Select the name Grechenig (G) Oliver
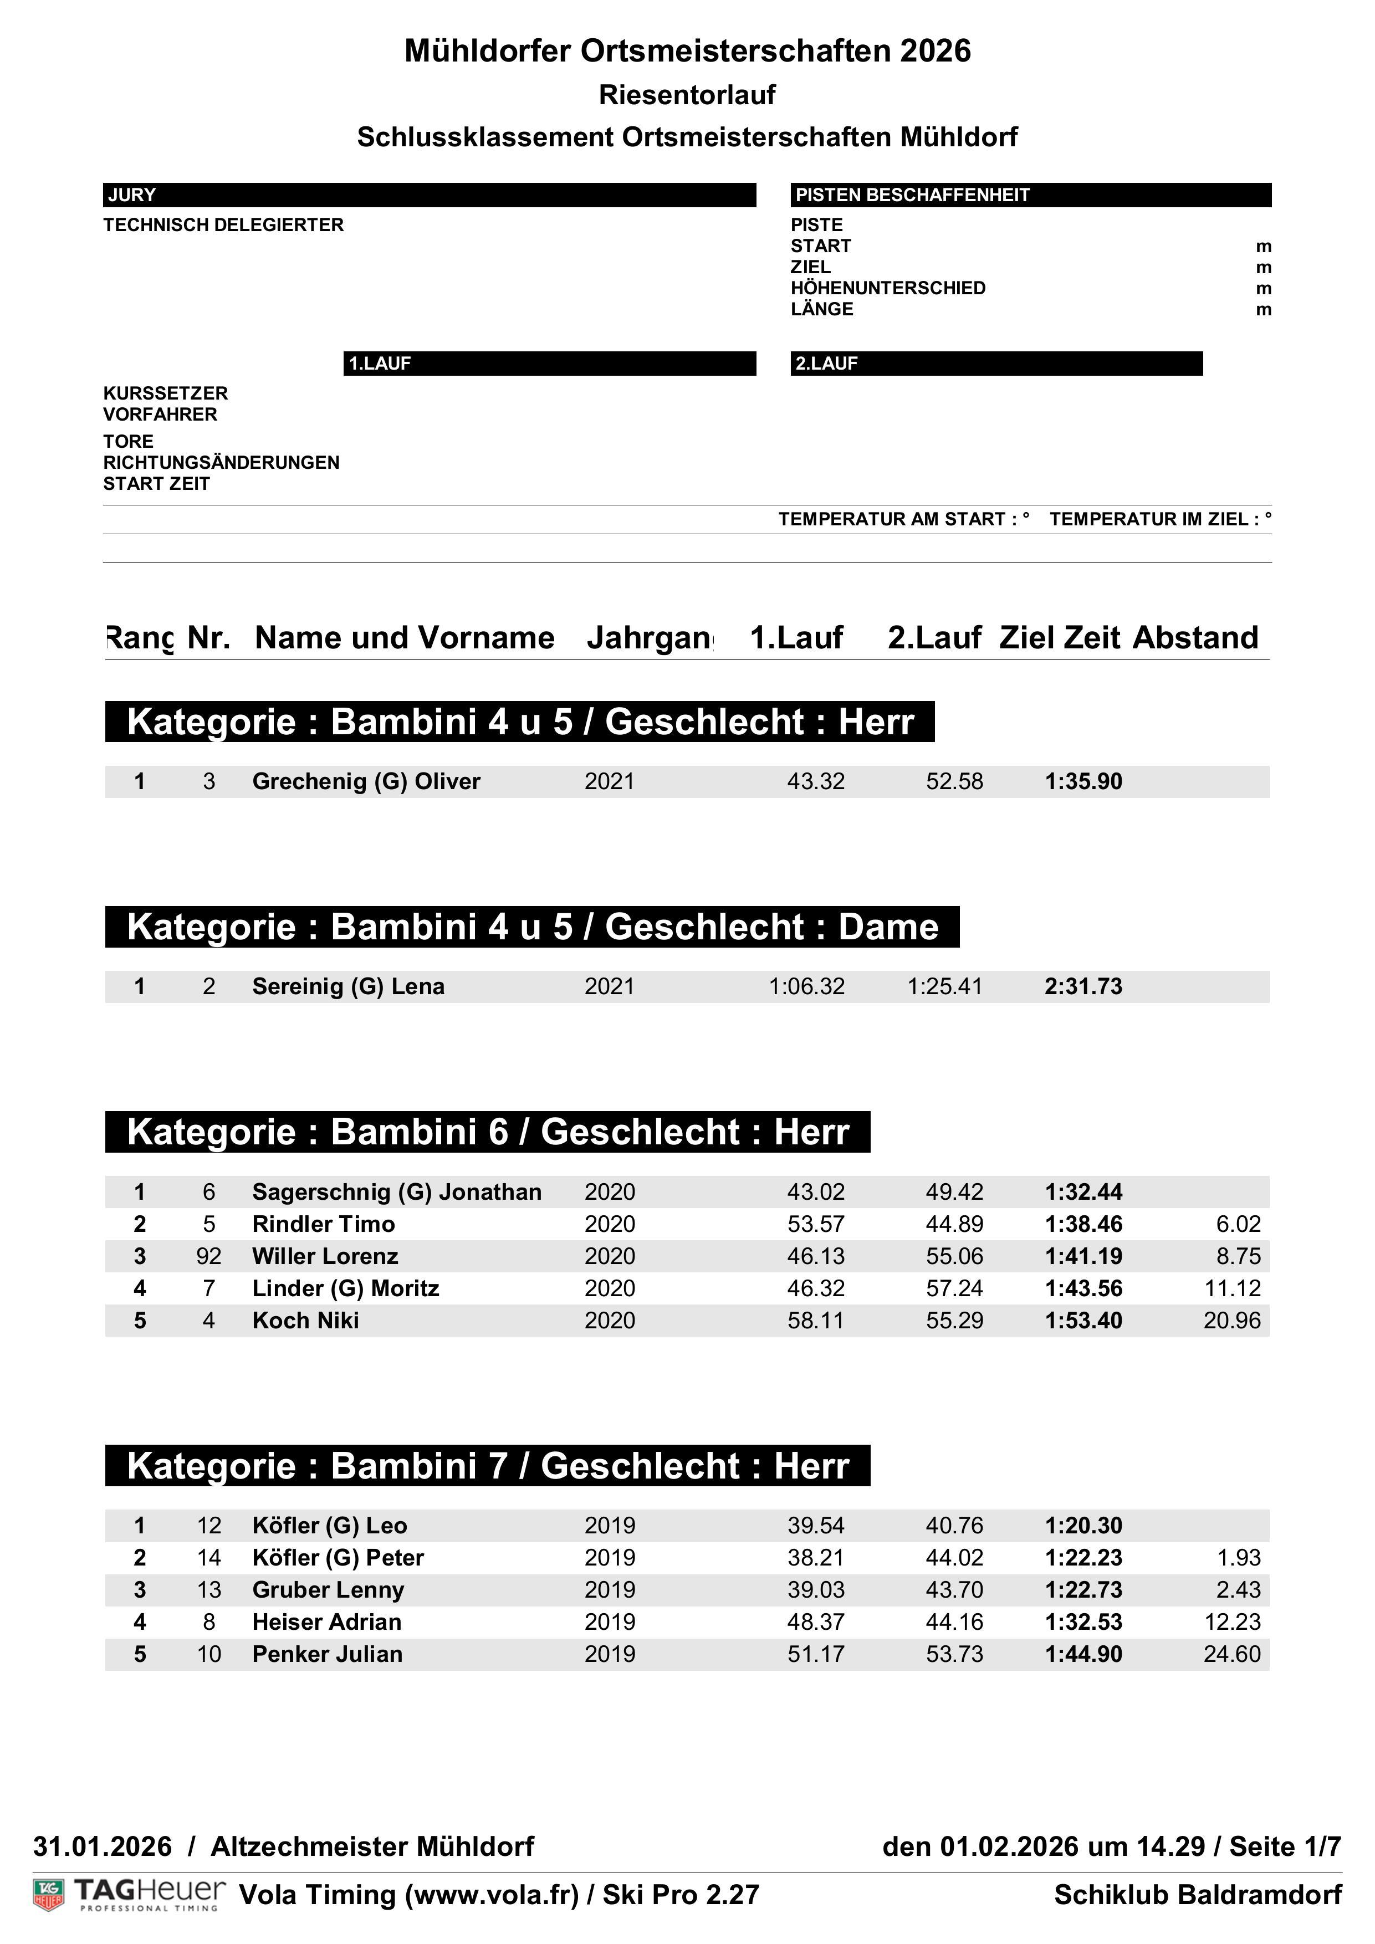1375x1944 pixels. tap(366, 781)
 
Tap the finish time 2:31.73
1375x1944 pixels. tap(1083, 986)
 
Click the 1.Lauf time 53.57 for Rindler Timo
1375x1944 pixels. tap(815, 1224)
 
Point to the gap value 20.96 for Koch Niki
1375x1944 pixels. tap(1232, 1321)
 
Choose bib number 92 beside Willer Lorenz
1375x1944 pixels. tap(208, 1256)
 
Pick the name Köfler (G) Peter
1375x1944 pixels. tap(338, 1558)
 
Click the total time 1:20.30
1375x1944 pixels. tap(1083, 1526)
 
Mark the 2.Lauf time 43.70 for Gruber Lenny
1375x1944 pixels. tap(954, 1590)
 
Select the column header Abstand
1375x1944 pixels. tap(1195, 637)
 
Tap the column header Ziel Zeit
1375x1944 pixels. tap(1059, 637)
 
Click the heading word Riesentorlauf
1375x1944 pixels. tap(687, 95)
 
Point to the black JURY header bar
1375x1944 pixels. tap(430, 195)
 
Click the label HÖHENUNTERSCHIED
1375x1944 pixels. tap(887, 288)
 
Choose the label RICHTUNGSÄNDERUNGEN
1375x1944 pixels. tap(221, 462)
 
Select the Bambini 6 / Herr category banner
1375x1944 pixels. tap(488, 1132)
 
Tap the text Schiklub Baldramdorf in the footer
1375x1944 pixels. tap(1197, 1895)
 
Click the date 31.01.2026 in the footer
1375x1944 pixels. tap(103, 1846)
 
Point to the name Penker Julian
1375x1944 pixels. tap(327, 1654)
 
